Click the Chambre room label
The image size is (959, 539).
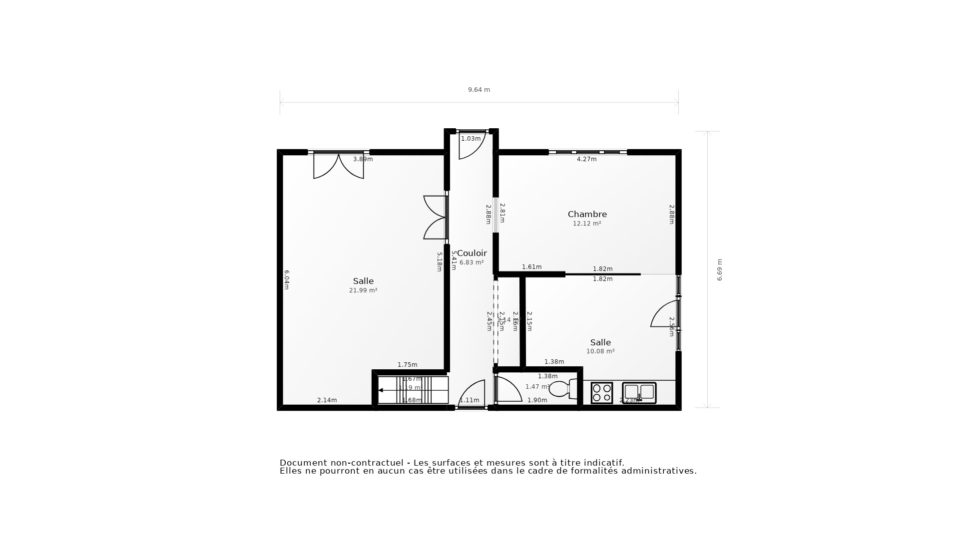pos(587,214)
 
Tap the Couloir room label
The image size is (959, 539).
pos(472,253)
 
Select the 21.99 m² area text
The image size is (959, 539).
pos(363,290)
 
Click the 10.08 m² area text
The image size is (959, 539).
pos(600,351)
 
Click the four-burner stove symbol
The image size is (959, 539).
pos(601,393)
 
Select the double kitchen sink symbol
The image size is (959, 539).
pos(639,392)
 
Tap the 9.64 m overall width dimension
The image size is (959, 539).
pos(479,90)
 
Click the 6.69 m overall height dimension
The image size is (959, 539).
pos(720,270)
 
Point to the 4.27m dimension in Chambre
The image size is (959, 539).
pos(586,159)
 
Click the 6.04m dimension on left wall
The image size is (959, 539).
pos(287,279)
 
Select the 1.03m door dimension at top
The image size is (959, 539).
pos(471,139)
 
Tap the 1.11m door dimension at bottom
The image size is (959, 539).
pos(469,400)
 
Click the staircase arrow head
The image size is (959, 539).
pos(381,390)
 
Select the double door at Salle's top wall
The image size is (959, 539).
pos(339,166)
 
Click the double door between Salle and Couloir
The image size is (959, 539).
pos(435,217)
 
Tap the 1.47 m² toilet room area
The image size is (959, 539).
pos(537,387)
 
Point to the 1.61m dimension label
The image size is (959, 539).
pos(531,267)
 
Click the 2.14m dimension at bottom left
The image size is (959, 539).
pos(327,400)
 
